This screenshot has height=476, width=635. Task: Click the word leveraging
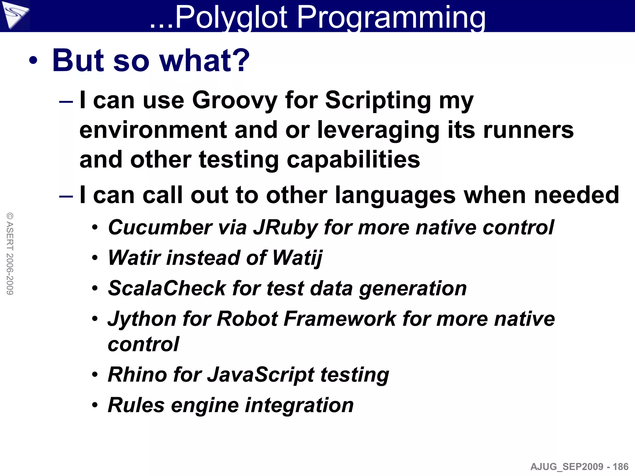pos(379,130)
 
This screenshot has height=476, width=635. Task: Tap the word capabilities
pos(353,160)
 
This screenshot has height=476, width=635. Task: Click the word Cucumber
pos(160,227)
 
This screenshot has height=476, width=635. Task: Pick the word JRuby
pos(286,227)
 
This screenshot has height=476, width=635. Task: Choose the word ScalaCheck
pos(167,288)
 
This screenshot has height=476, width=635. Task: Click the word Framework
pos(340,319)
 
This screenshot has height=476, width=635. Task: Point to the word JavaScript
pos(261,375)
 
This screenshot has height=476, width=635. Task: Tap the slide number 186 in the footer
pos(620,467)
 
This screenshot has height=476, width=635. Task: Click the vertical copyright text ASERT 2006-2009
pos(10,253)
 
